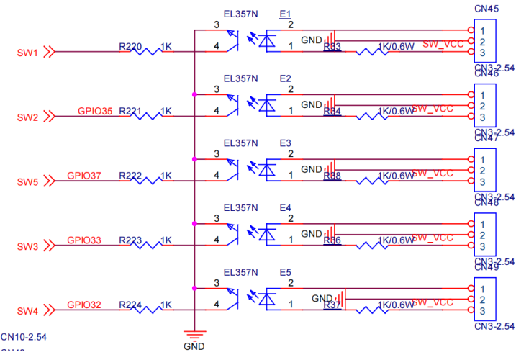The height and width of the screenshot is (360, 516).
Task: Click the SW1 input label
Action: pyautogui.click(x=27, y=52)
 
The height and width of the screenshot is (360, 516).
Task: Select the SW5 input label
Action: pyautogui.click(x=27, y=181)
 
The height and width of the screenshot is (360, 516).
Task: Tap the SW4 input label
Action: pyautogui.click(x=27, y=311)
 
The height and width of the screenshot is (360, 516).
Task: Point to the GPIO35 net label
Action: pyautogui.click(x=96, y=111)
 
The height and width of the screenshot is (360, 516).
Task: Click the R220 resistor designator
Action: pyautogui.click(x=130, y=46)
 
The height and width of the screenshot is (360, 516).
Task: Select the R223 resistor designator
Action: pyautogui.click(x=130, y=240)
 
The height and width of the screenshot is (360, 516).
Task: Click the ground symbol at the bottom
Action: pyautogui.click(x=194, y=333)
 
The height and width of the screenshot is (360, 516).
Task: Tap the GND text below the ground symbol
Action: pyautogui.click(x=194, y=346)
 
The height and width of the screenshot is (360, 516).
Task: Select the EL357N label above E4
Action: pyautogui.click(x=241, y=207)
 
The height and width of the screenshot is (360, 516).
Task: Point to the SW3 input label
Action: pyautogui.click(x=27, y=246)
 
